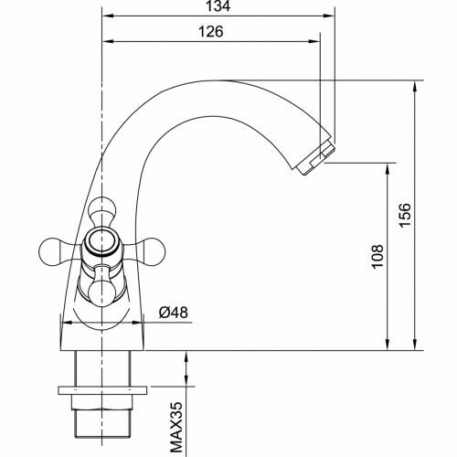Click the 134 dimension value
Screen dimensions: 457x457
coord(218,7)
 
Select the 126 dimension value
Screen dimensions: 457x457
coord(212,31)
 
